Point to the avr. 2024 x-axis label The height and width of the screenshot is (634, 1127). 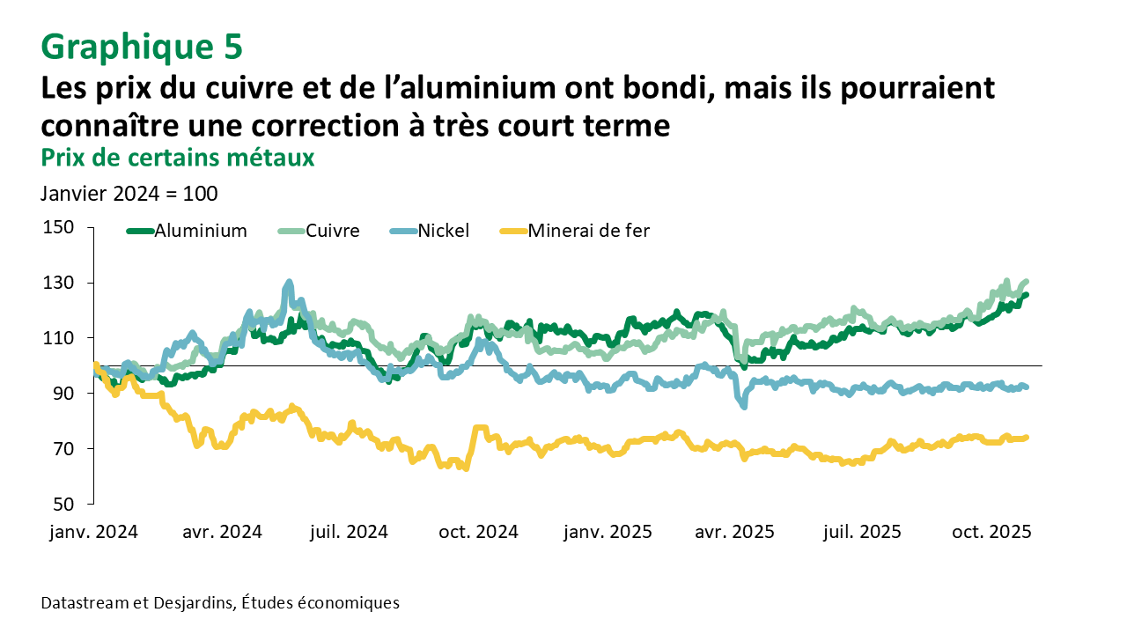(x=224, y=532)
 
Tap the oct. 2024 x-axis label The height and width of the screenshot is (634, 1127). (x=480, y=532)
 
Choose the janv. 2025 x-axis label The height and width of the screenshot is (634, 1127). (x=608, y=532)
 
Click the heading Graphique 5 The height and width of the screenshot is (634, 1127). (x=141, y=47)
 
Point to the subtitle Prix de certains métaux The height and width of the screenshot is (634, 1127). (x=178, y=158)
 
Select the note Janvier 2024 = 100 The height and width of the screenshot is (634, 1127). (x=129, y=193)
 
